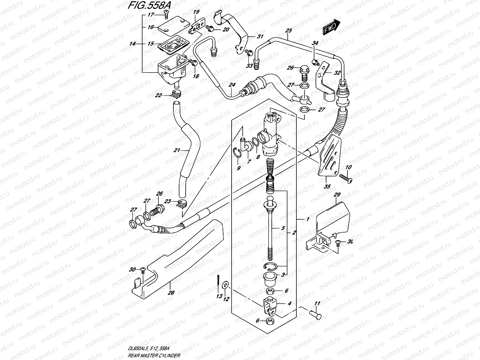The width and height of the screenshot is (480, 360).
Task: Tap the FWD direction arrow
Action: click(331, 27)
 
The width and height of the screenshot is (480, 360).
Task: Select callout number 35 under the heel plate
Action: click(327, 186)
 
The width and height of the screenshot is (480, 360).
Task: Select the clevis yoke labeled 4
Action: click(271, 304)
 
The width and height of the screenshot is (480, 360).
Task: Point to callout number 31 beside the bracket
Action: click(260, 37)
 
